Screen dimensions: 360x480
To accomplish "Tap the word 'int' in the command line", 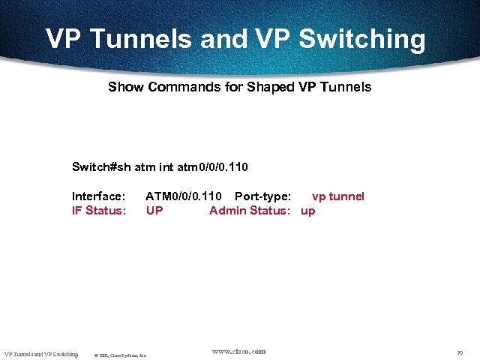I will pos(164,166).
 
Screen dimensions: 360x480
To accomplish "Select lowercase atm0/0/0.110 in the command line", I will pos(213,166).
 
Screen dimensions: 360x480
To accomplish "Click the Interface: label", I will pos(98,196).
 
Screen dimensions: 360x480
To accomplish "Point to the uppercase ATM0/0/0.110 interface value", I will pos(184,196).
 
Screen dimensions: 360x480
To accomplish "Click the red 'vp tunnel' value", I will pos(337,196).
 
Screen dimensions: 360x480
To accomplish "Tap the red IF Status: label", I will pos(99,211).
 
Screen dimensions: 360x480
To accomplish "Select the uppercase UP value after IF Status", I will pos(154,211).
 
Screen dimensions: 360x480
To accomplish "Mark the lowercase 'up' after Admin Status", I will pos(308,211).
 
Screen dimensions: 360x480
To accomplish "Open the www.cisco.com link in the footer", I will pos(238,351).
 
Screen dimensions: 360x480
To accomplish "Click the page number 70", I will pos(460,352).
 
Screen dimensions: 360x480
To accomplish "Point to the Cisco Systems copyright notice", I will pos(120,355).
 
